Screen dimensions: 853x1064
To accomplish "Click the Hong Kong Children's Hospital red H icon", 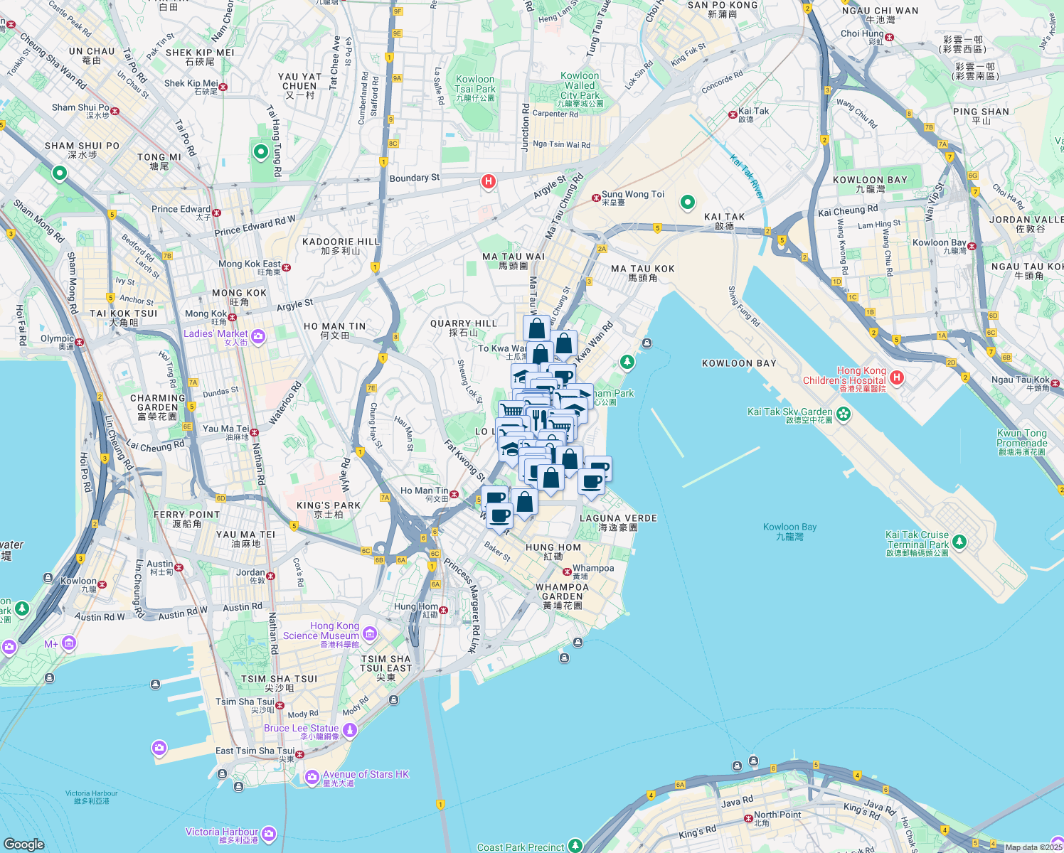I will click(x=897, y=377).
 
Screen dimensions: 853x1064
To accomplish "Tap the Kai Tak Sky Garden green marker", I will click(x=844, y=413).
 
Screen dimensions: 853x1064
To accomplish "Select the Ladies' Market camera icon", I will click(x=258, y=336).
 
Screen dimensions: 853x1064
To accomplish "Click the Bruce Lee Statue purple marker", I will click(x=349, y=730).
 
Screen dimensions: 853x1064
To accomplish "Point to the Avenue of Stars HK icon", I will click(x=312, y=778).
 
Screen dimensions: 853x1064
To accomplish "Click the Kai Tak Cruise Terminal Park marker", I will click(x=959, y=542).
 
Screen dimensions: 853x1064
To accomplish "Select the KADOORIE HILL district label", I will click(x=341, y=246).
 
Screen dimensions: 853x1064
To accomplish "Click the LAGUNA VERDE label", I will click(x=618, y=522).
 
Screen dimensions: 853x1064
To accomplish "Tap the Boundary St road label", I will click(x=415, y=178).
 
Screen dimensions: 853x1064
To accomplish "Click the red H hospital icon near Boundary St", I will click(x=488, y=181).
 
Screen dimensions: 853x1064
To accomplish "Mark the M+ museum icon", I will click(x=68, y=643).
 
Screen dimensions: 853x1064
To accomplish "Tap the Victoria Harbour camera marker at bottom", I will click(x=268, y=834).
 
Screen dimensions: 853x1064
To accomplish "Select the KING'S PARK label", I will click(x=329, y=509).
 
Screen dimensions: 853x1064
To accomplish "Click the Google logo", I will click(x=23, y=844).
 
